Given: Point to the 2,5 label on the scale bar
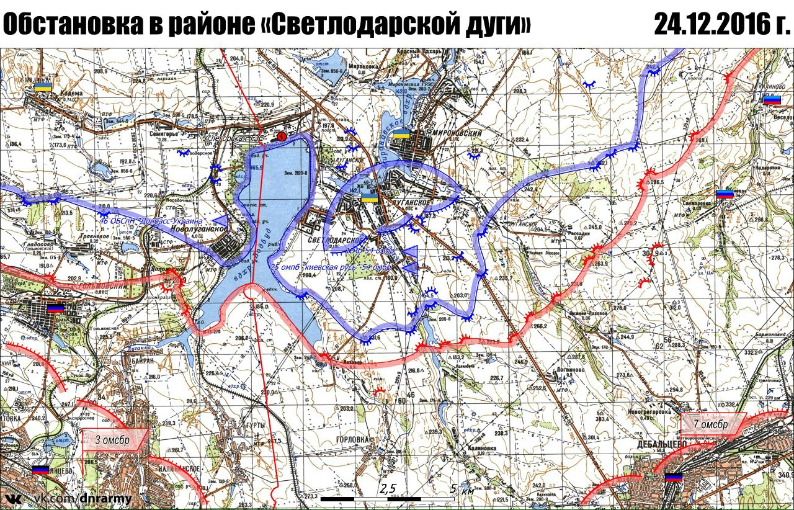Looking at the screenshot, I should [x=388, y=490].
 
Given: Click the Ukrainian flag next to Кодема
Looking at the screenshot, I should [x=42, y=86].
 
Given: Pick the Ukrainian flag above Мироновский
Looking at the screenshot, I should [x=401, y=134].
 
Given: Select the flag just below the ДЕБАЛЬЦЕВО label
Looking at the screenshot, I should [x=672, y=477].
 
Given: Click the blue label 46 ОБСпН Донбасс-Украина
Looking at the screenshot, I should [x=151, y=221].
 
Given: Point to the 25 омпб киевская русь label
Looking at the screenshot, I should [x=331, y=267].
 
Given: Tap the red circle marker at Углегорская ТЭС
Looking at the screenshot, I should [x=282, y=135].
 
